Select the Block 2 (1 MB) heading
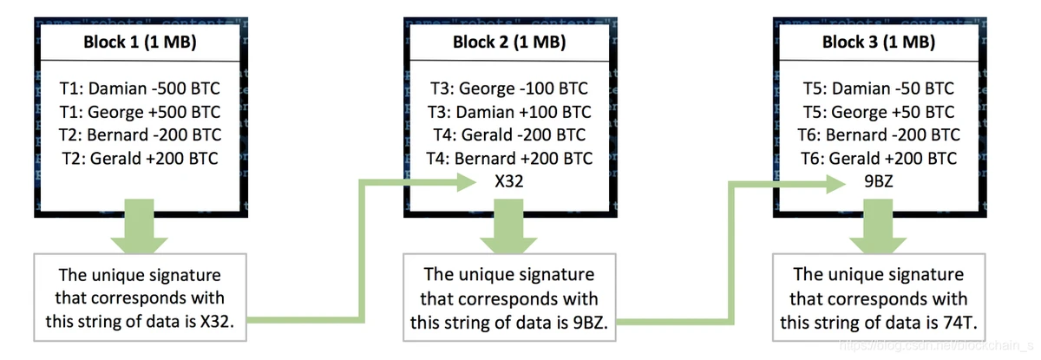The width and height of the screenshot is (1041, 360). coord(510,43)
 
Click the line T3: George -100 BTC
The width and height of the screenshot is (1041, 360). coord(510,88)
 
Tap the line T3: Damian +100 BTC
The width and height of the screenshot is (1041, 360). coord(510,112)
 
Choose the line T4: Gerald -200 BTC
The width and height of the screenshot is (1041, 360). coord(510,135)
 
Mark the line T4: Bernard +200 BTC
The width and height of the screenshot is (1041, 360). coord(510,159)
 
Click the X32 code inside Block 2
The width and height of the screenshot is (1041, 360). coord(510,182)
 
